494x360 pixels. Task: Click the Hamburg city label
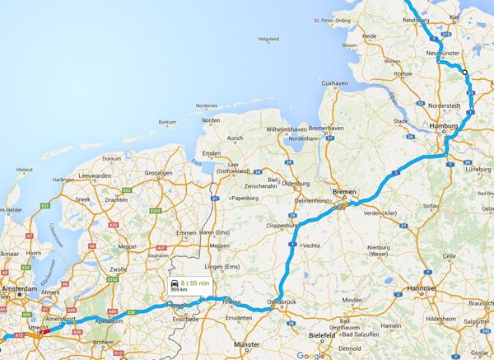pos(445,125)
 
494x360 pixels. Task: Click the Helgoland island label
pos(268,39)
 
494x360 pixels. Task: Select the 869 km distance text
pos(179,289)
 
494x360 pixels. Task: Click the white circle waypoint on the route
pos(464,72)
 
